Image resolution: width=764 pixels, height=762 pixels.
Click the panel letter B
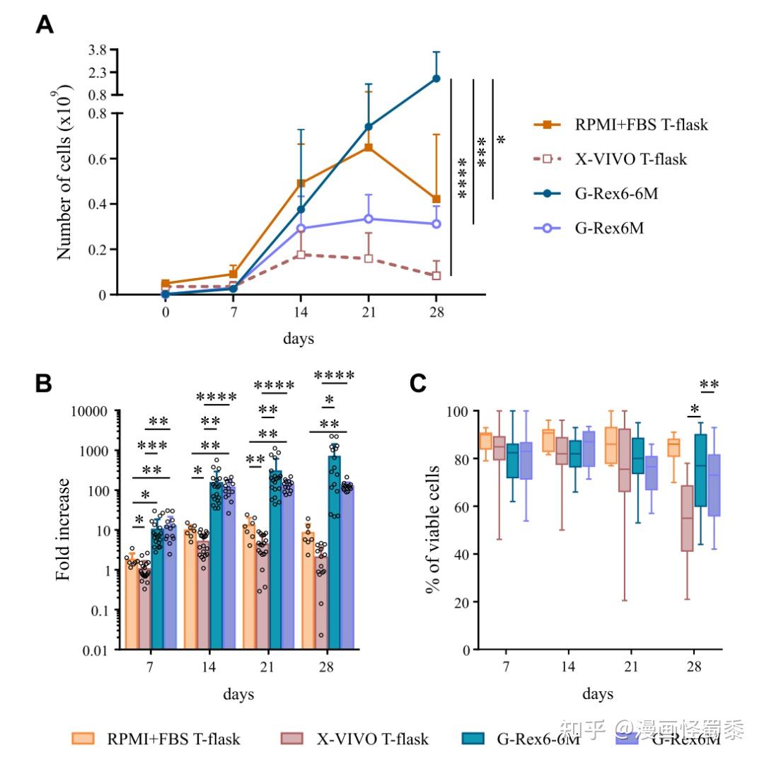pyautogui.click(x=44, y=384)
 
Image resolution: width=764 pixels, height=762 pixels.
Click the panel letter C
pyautogui.click(x=418, y=384)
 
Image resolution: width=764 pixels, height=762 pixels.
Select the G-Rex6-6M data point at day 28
pyautogui.click(x=436, y=79)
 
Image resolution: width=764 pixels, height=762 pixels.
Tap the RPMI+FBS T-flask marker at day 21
pyautogui.click(x=369, y=147)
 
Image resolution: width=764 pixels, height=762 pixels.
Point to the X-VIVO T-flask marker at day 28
pyautogui.click(x=436, y=275)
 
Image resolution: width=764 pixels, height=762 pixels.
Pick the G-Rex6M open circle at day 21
pyautogui.click(x=369, y=219)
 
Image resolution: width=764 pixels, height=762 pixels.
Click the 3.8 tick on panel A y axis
pyautogui.click(x=96, y=50)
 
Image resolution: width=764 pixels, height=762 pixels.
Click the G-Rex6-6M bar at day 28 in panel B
pyautogui.click(x=334, y=552)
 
